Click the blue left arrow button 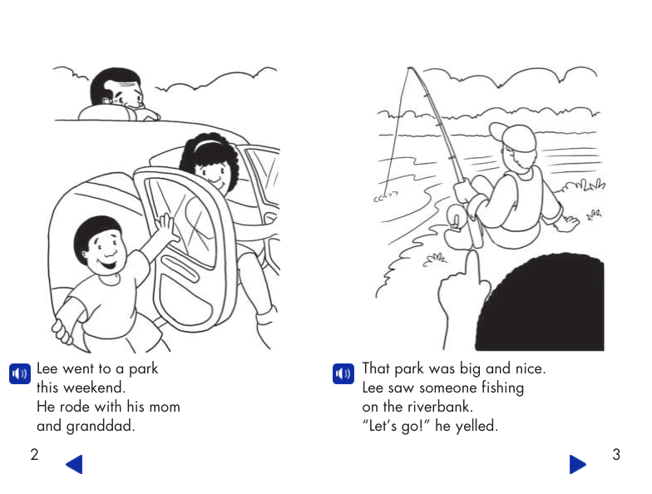(x=74, y=464)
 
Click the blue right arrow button (x=577, y=464)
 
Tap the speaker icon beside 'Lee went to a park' (x=18, y=373)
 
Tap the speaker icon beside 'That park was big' (x=343, y=373)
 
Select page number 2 (x=34, y=454)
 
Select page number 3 (x=615, y=454)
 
